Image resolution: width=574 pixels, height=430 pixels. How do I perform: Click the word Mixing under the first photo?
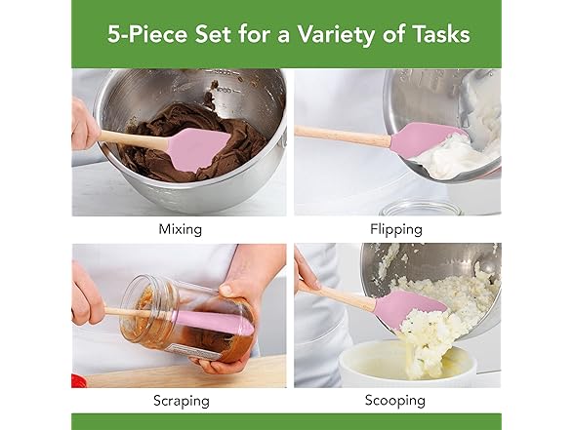[180, 229]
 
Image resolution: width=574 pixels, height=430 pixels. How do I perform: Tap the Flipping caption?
[396, 229]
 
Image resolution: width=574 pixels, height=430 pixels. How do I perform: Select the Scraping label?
[180, 400]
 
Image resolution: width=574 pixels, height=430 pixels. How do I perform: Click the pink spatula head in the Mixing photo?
[198, 148]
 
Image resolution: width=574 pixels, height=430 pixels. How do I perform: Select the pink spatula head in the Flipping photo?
[428, 137]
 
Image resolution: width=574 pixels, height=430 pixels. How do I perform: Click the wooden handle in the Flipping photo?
[342, 134]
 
